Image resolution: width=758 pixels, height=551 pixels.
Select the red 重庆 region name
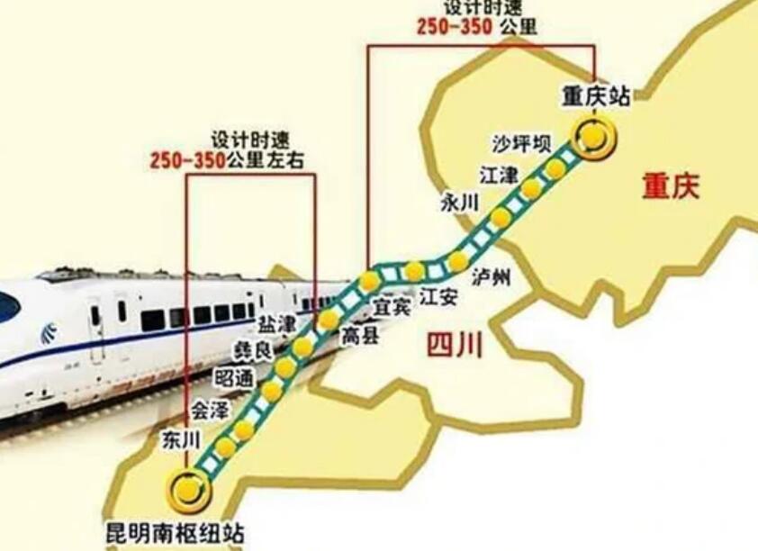pyautogui.click(x=670, y=186)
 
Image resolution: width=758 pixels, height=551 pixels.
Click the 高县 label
pyautogui.click(x=360, y=336)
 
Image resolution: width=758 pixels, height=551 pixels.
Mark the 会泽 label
pyautogui.click(x=208, y=411)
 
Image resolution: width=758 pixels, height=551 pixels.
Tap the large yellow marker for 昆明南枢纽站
pyautogui.click(x=189, y=490)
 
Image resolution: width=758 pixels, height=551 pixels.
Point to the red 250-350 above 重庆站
pyautogui.click(x=454, y=26)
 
